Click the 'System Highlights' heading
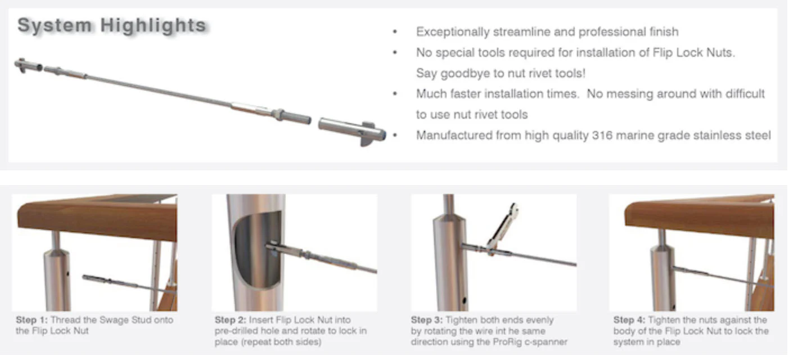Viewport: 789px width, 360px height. pyautogui.click(x=112, y=25)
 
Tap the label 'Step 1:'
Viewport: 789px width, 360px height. pyautogui.click(x=31, y=320)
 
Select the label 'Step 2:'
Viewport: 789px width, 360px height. pyautogui.click(x=231, y=320)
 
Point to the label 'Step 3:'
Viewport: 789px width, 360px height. pyautogui.click(x=426, y=320)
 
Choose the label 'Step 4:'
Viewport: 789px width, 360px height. pyautogui.click(x=629, y=320)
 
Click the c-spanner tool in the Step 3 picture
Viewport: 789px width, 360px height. pyautogui.click(x=503, y=227)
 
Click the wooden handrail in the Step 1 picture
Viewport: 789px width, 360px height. pyautogui.click(x=97, y=218)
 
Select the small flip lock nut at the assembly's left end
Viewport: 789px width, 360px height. pyautogui.click(x=28, y=66)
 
